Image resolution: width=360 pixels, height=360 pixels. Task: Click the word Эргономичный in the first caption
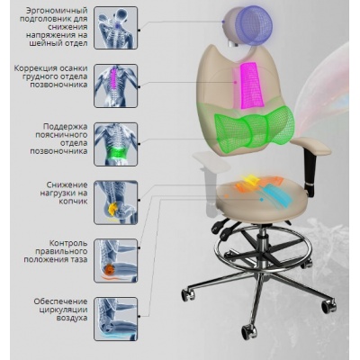pyautogui.click(x=58, y=11)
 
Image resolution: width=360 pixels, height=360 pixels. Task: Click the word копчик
pyautogui.click(x=73, y=202)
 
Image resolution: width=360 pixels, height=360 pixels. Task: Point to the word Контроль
pyautogui.click(x=68, y=243)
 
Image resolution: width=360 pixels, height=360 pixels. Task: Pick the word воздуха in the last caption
pyautogui.click(x=72, y=318)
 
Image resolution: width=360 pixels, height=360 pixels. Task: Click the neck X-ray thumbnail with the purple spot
pyautogui.click(x=116, y=28)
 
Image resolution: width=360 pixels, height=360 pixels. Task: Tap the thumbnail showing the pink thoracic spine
pyautogui.click(x=116, y=86)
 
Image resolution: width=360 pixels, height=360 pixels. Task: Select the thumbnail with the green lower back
pyautogui.click(x=116, y=144)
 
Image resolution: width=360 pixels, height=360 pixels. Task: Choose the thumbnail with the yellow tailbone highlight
pyautogui.click(x=116, y=202)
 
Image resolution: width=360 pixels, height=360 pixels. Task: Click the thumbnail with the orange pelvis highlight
pyautogui.click(x=116, y=261)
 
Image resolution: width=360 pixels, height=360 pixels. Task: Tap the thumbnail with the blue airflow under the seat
pyautogui.click(x=116, y=319)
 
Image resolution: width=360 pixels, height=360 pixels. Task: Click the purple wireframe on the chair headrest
pyautogui.click(x=254, y=22)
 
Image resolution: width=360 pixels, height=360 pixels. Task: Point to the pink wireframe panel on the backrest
pyautogui.click(x=251, y=85)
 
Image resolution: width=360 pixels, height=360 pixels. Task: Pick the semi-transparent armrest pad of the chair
pyautogui.click(x=209, y=162)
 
